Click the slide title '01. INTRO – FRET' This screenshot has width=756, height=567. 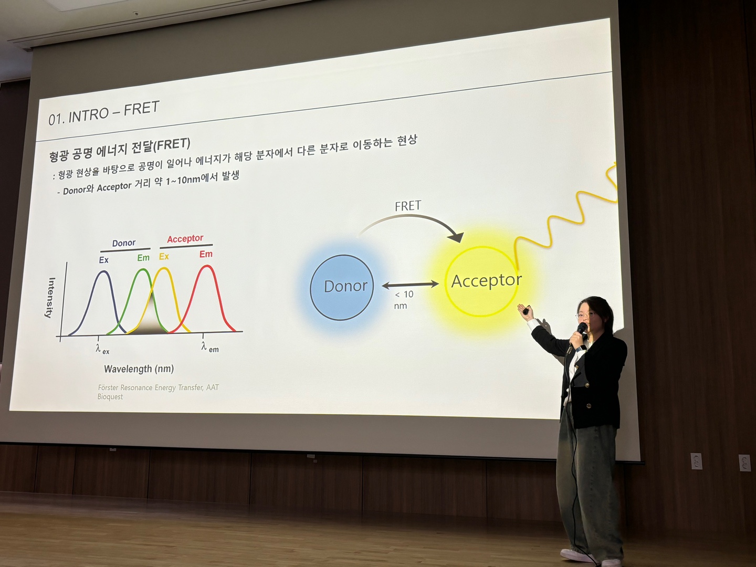pyautogui.click(x=103, y=113)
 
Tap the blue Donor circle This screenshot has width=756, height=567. pyautogui.click(x=342, y=288)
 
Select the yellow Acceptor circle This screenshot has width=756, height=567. pyautogui.click(x=481, y=281)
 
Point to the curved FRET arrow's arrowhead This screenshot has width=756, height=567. pyautogui.click(x=457, y=236)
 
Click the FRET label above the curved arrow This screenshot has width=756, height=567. pyautogui.click(x=408, y=206)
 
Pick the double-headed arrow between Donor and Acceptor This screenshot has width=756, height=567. pyautogui.click(x=411, y=285)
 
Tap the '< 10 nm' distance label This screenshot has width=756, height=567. pyautogui.click(x=404, y=300)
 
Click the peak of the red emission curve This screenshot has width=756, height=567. pyautogui.click(x=206, y=266)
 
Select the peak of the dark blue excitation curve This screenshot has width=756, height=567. pyautogui.click(x=103, y=271)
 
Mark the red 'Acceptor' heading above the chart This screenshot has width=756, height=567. pyautogui.click(x=185, y=238)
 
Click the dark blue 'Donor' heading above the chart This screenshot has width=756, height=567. pyautogui.click(x=124, y=243)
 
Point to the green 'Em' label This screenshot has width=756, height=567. pyautogui.click(x=143, y=257)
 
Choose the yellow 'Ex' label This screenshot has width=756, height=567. pyautogui.click(x=164, y=257)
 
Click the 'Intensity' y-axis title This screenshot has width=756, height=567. pyautogui.click(x=50, y=298)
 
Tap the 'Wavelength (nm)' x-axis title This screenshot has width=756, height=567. pyautogui.click(x=139, y=369)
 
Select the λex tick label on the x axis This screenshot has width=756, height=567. pyautogui.click(x=102, y=349)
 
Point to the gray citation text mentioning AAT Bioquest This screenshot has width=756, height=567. pyautogui.click(x=158, y=392)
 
